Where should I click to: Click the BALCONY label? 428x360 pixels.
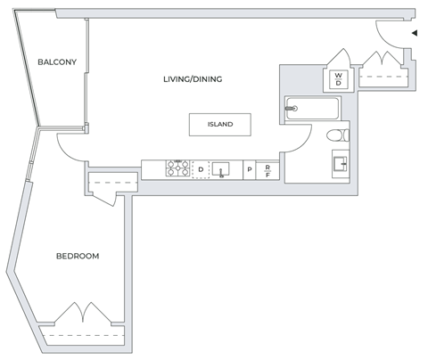[x=56, y=61]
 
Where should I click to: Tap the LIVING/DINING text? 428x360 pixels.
[x=192, y=79]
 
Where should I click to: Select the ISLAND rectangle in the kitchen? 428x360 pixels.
[x=219, y=125]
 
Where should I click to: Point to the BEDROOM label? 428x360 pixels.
[x=78, y=256]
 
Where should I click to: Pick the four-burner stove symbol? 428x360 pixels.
[x=177, y=168]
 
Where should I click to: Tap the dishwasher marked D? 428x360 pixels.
[x=201, y=168]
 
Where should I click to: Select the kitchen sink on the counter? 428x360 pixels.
[x=221, y=168]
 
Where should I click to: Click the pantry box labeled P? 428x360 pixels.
[x=249, y=169]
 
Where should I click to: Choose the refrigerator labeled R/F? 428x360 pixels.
[x=267, y=169]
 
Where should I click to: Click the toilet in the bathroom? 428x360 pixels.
[x=336, y=136]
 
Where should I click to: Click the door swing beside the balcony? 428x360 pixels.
[x=69, y=145]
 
